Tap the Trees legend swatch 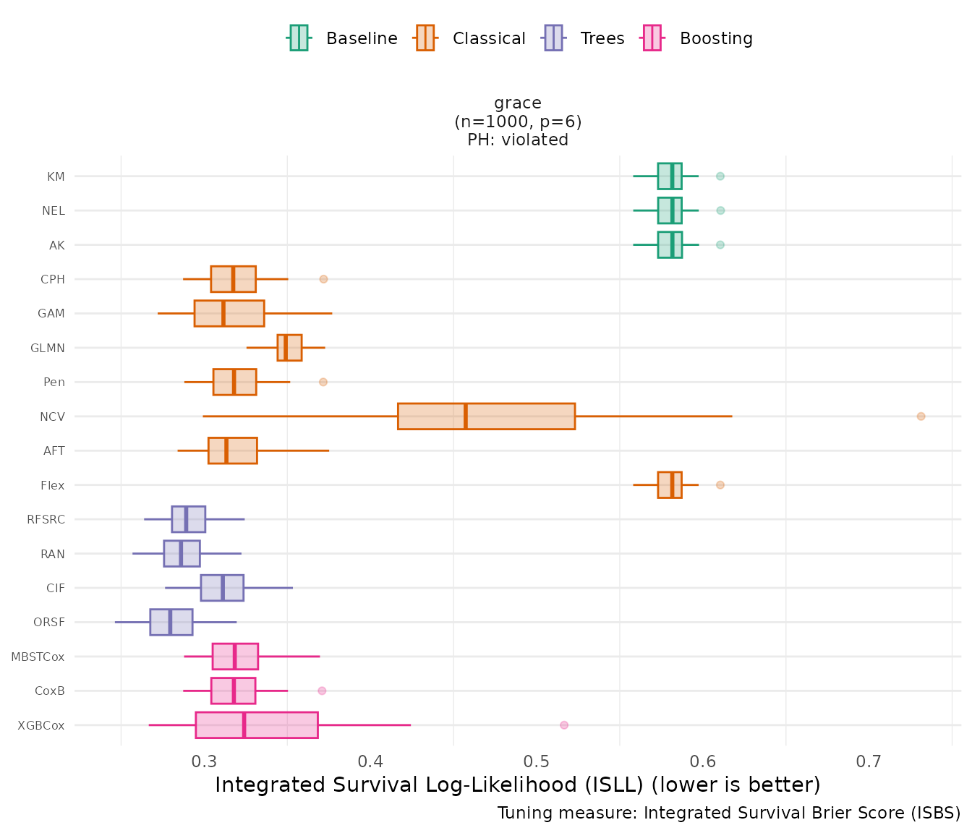(x=553, y=38)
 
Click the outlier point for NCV (x=921, y=416)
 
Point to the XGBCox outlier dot (x=564, y=725)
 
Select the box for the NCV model (x=486, y=416)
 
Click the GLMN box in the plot (x=289, y=348)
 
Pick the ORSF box (x=171, y=623)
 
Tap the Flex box (x=670, y=485)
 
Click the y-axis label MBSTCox (x=38, y=657)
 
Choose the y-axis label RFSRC (x=46, y=520)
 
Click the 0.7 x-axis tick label (x=869, y=761)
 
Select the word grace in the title (x=518, y=103)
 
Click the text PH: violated (x=518, y=140)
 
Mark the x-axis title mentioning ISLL (x=518, y=785)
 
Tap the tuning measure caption (x=729, y=813)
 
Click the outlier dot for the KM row (x=720, y=176)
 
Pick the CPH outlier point (x=324, y=279)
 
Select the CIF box (x=222, y=588)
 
